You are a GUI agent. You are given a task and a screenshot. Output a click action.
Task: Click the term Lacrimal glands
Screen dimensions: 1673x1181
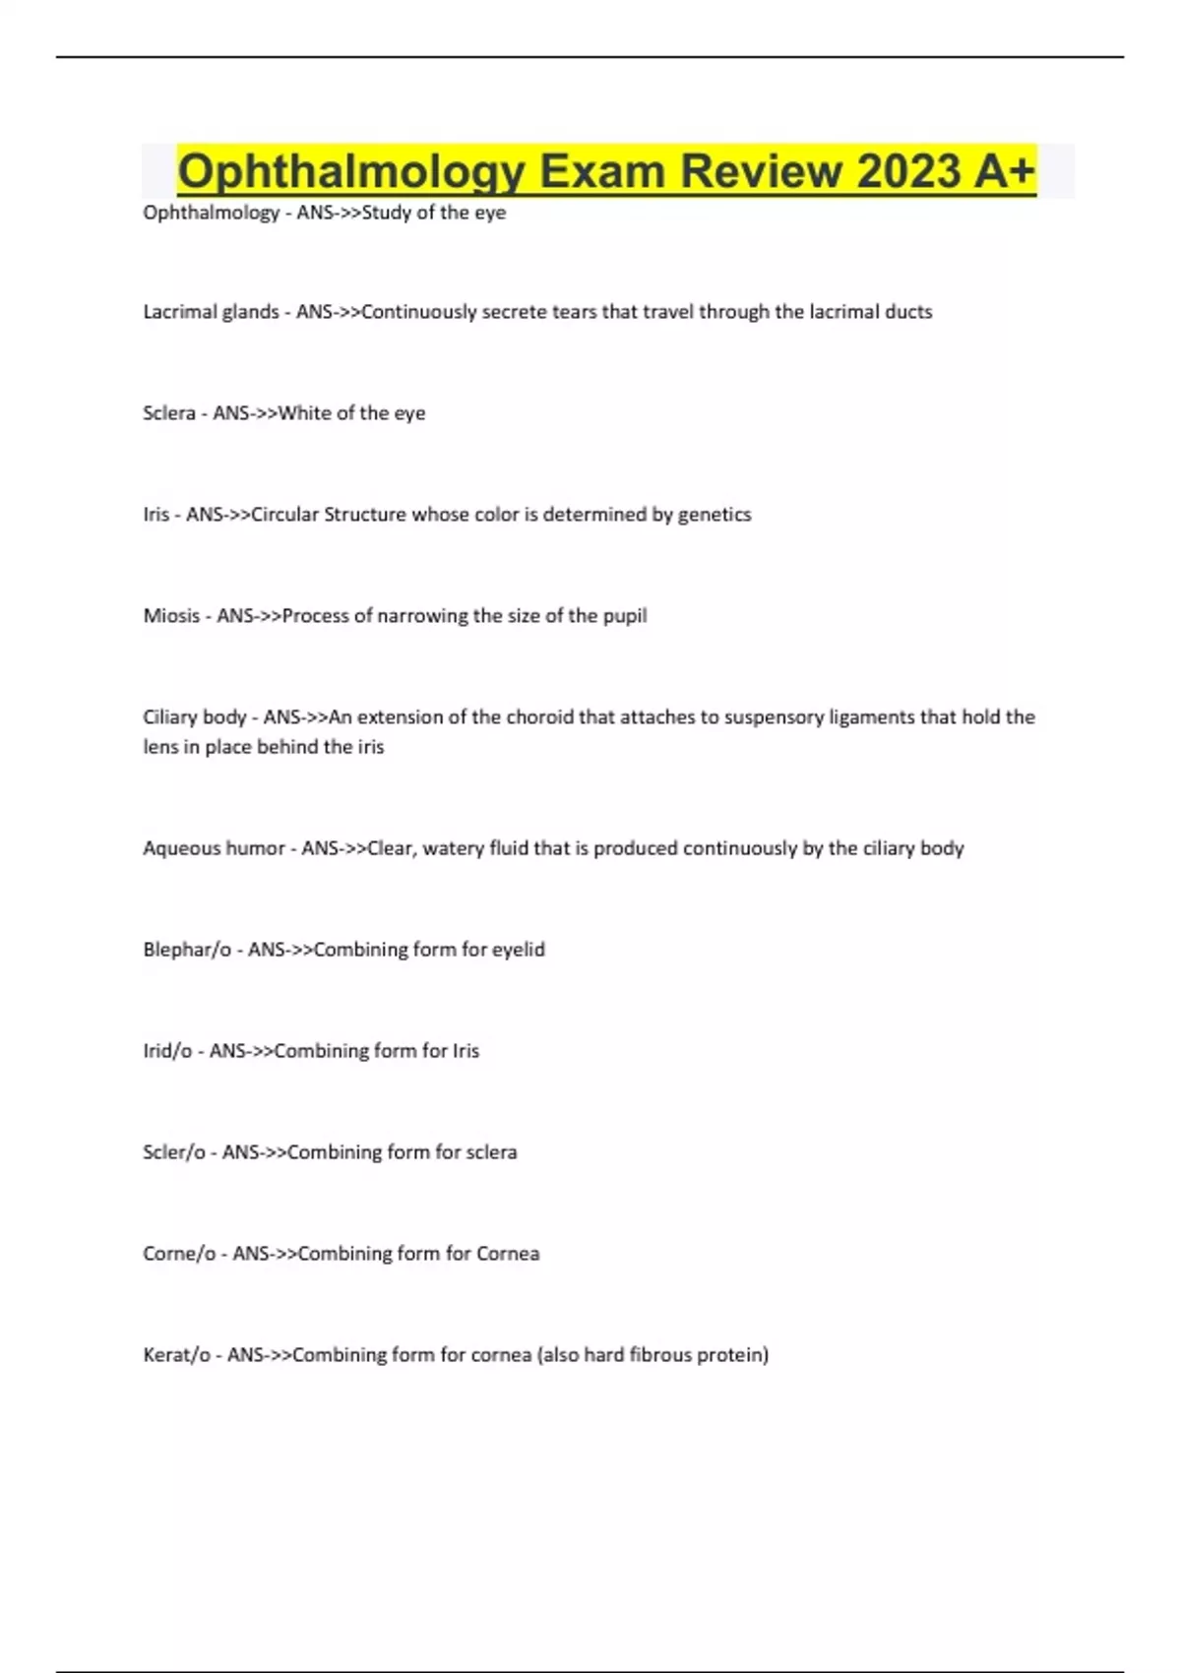point(211,312)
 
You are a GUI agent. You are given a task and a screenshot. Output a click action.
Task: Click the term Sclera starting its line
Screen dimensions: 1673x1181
point(169,413)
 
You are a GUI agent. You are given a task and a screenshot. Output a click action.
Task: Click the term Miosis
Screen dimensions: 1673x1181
point(171,616)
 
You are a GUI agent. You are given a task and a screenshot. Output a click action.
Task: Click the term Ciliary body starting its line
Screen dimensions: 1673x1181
point(194,717)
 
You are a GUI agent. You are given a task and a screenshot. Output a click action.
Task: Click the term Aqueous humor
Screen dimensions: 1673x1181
point(214,848)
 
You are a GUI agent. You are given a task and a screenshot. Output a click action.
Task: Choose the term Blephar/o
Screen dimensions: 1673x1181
point(187,950)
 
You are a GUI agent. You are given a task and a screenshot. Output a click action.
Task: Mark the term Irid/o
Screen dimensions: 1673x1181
point(167,1051)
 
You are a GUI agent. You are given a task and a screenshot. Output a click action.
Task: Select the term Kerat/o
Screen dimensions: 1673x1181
point(176,1355)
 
